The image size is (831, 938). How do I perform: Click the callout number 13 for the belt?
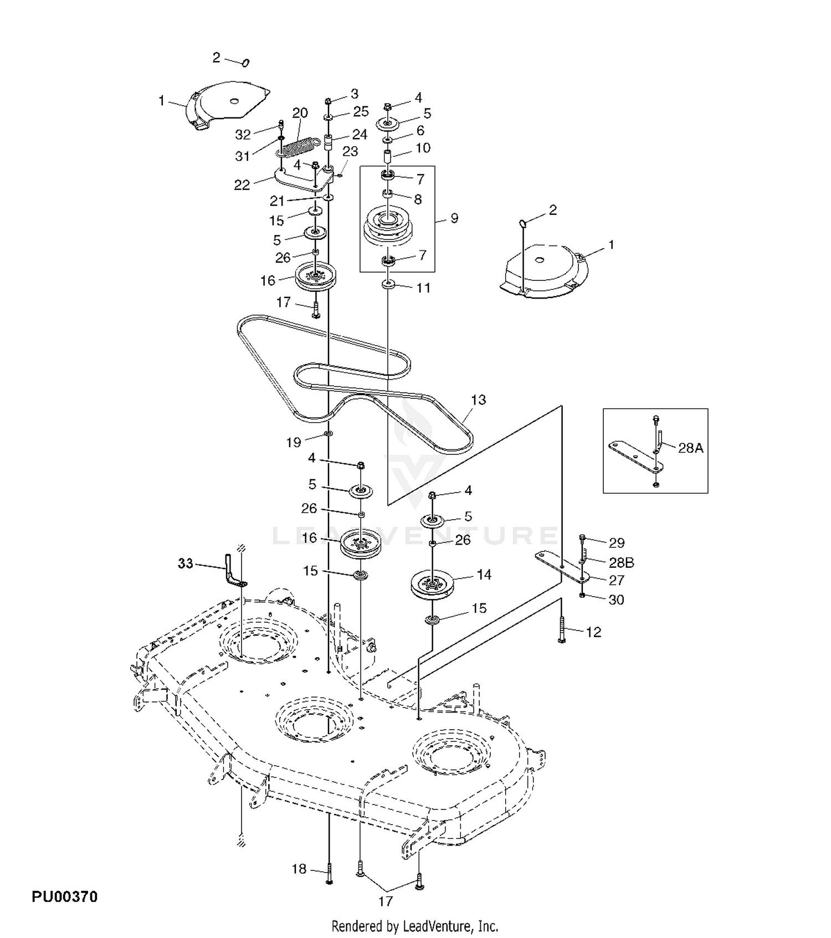tap(478, 399)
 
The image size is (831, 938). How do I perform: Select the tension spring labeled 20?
tap(298, 148)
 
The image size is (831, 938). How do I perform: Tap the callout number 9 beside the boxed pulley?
tap(454, 218)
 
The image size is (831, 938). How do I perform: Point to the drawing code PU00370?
tap(64, 896)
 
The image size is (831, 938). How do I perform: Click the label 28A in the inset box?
tap(690, 448)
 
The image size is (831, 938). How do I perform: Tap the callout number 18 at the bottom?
tap(299, 869)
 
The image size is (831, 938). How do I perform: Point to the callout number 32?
tap(243, 135)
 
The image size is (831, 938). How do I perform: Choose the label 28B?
tap(621, 563)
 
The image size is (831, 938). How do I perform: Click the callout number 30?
tap(616, 599)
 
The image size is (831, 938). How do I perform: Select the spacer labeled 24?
tap(327, 144)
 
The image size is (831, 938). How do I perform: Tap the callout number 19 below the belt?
tap(294, 442)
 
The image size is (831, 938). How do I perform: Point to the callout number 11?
tap(423, 288)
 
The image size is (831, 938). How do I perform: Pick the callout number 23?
tap(350, 151)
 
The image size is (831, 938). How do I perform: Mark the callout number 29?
tap(617, 543)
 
